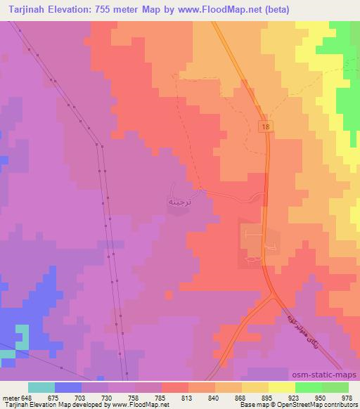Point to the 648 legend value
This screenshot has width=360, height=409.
pyautogui.click(x=27, y=397)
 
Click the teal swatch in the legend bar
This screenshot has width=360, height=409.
pyautogui.click(x=41, y=387)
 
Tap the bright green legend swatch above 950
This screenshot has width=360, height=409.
pyautogui.click(x=308, y=387)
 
